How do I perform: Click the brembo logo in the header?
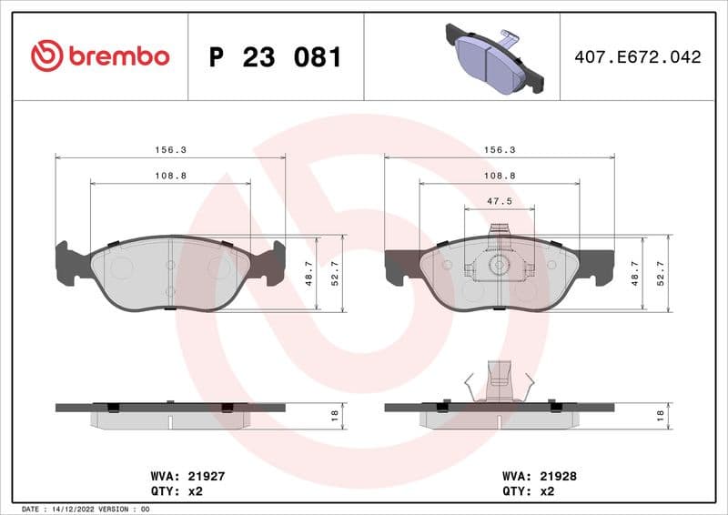point(100,56)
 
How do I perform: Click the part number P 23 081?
point(275,57)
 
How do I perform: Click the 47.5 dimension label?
point(500,201)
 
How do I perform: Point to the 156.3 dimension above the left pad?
point(170,150)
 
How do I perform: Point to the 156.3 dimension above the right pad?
point(499,150)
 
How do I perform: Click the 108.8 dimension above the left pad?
point(170,176)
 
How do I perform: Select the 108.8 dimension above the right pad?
point(499,176)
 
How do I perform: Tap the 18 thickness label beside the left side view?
point(334,416)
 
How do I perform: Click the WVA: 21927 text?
point(180,475)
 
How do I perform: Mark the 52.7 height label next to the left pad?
point(334,273)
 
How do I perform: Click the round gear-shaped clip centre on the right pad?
point(498,266)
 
